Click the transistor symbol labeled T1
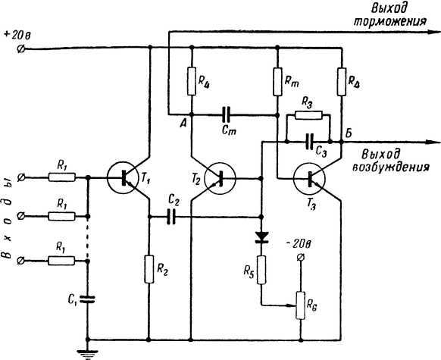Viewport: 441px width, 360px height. (x=122, y=178)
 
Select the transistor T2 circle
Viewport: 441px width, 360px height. (x=220, y=179)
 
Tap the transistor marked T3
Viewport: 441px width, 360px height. (x=309, y=179)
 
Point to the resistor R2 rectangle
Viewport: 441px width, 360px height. (x=149, y=269)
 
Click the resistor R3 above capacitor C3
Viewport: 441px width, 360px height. (x=308, y=115)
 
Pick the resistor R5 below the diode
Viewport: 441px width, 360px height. (x=261, y=270)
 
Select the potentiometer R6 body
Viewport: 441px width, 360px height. (x=300, y=305)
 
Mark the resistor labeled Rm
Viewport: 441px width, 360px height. (x=277, y=82)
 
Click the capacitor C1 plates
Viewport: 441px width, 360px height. (x=87, y=299)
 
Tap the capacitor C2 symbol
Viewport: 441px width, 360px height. (x=170, y=217)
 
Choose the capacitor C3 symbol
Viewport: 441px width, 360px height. (x=309, y=142)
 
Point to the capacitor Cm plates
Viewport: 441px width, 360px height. (x=226, y=114)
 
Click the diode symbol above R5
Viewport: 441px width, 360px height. (x=261, y=236)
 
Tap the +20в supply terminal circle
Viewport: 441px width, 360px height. (x=20, y=49)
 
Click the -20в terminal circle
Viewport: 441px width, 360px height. (x=300, y=257)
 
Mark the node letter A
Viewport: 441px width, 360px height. (x=183, y=124)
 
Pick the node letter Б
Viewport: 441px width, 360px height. (x=349, y=133)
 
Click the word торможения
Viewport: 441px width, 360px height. (x=390, y=21)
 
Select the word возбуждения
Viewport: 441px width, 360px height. (x=391, y=167)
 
